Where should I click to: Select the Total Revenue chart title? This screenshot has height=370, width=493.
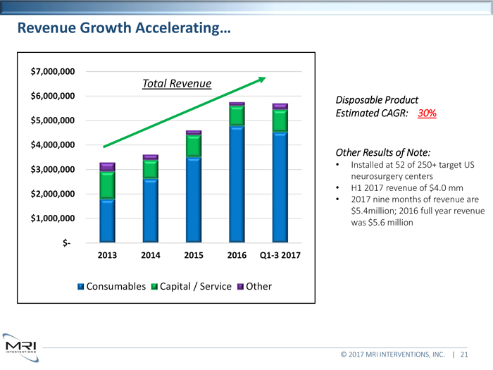pyautogui.click(x=177, y=84)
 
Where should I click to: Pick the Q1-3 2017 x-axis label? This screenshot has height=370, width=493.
pyautogui.click(x=280, y=255)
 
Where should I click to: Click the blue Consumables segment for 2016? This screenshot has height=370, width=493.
pyautogui.click(x=237, y=183)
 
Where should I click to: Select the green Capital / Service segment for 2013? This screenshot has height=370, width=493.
pyautogui.click(x=107, y=184)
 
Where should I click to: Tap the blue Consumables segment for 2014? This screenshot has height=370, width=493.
pyautogui.click(x=150, y=209)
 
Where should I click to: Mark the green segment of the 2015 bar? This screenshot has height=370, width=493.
pyautogui.click(x=194, y=145)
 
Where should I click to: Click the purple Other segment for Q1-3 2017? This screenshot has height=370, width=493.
pyautogui.click(x=280, y=106)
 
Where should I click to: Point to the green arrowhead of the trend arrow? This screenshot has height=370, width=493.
pyautogui.click(x=261, y=79)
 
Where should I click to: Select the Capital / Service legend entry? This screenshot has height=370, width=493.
pyautogui.click(x=188, y=286)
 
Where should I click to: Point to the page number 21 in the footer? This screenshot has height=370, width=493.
pyautogui.click(x=464, y=355)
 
